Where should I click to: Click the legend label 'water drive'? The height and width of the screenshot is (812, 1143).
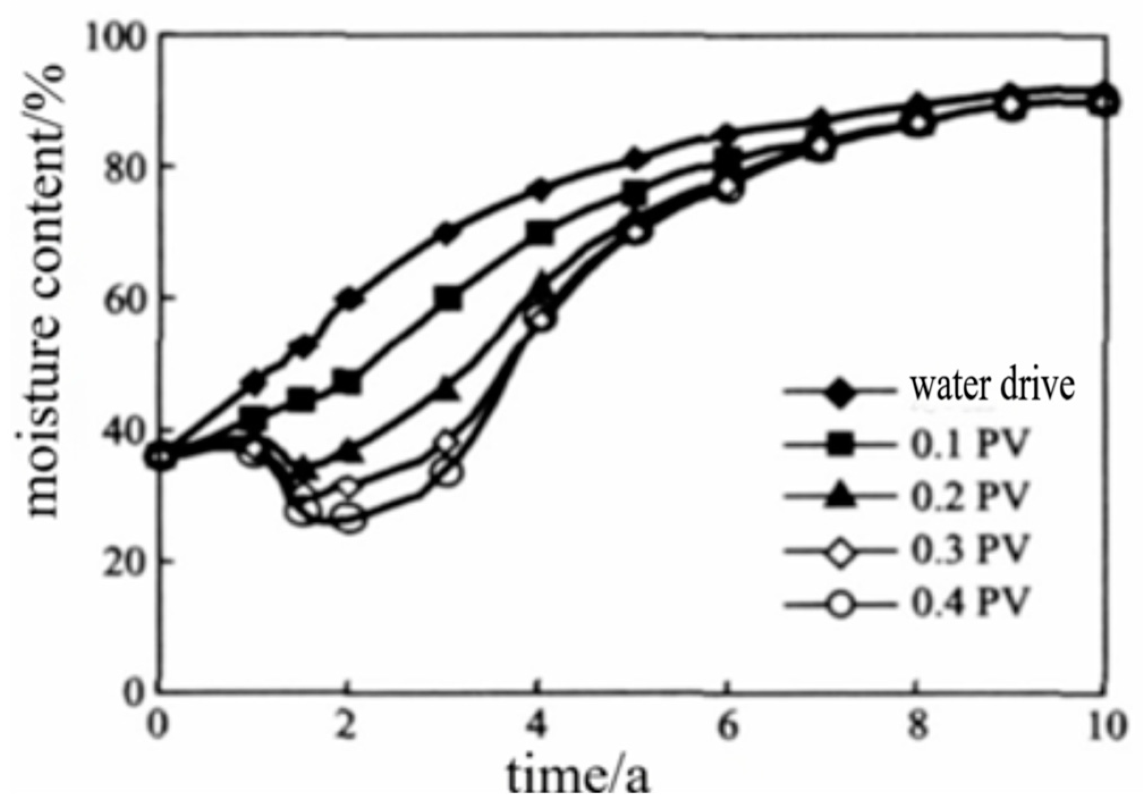point(992,386)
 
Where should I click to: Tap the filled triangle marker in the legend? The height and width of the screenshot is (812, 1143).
point(840,496)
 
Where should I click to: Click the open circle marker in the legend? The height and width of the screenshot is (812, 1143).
point(840,603)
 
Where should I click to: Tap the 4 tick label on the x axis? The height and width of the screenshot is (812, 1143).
point(537,726)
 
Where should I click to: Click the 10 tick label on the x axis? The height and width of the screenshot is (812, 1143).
point(1106,726)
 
